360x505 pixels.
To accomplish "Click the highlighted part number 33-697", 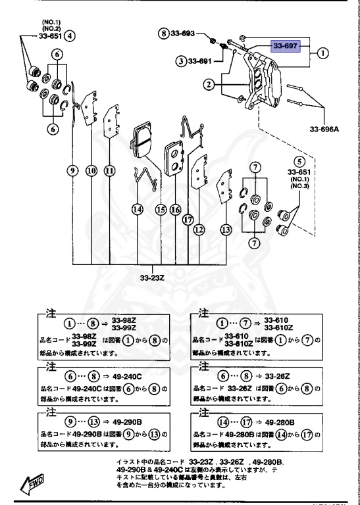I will coord(286,47).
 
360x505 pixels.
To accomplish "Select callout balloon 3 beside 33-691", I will coord(180,61).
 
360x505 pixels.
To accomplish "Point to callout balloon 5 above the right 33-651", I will coord(300,160).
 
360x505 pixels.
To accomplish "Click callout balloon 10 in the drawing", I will coord(91,171).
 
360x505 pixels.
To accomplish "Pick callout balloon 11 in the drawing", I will coord(109,171).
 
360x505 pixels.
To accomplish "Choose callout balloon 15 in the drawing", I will coord(160,210).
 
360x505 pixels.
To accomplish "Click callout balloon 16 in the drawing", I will coord(175,210).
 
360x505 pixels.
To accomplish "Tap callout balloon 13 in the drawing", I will coord(226,229).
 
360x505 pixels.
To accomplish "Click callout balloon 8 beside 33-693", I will coord(165,33).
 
